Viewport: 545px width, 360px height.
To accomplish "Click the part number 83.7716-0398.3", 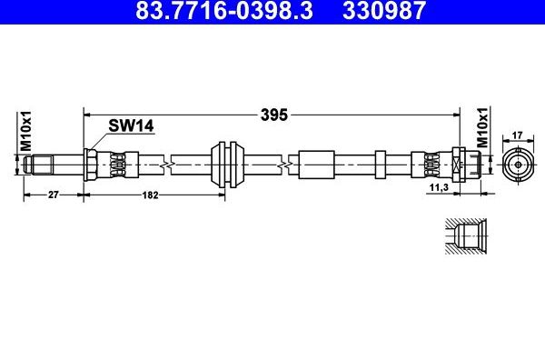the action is click(x=224, y=10).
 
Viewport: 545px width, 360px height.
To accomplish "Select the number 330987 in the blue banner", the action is click(x=383, y=10).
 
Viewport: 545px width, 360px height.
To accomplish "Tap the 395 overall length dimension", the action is click(x=274, y=115).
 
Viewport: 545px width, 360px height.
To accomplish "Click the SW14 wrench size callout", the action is click(x=131, y=125).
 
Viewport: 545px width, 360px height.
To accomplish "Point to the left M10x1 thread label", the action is click(x=25, y=131).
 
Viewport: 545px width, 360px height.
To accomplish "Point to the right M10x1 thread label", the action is click(x=482, y=127).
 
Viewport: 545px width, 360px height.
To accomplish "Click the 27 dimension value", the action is click(x=54, y=195).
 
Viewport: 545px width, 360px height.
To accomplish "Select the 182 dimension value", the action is click(x=150, y=195).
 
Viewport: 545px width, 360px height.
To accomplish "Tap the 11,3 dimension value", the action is click(x=439, y=187).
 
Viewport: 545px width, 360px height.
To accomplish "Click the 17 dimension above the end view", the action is click(x=518, y=135).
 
